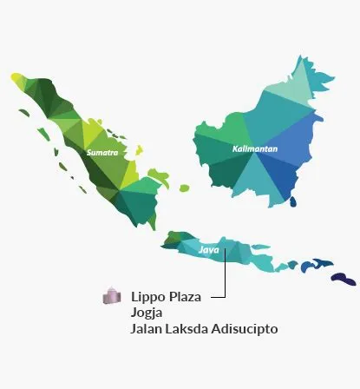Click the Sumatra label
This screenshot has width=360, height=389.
[x=102, y=153]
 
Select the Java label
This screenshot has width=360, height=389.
[x=209, y=250]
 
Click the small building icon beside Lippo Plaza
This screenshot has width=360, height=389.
[x=110, y=297]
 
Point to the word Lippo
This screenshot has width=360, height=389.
[x=147, y=298]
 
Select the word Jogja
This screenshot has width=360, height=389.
[x=147, y=313]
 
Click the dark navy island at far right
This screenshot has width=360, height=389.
[x=344, y=278]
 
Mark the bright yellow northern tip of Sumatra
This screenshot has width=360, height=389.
[x=18, y=80]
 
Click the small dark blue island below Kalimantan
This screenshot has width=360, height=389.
[x=292, y=201]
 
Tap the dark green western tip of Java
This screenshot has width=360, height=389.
[x=173, y=235]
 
